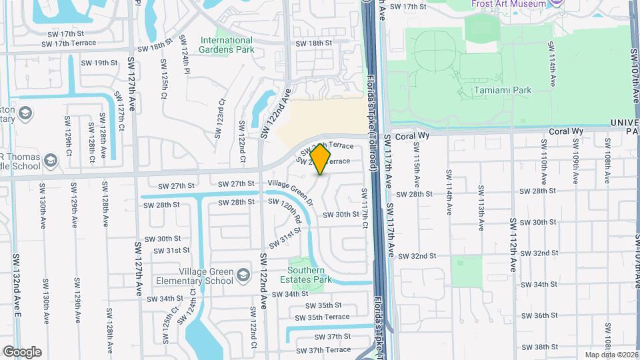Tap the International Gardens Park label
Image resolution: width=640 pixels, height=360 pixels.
pyautogui.click(x=227, y=45)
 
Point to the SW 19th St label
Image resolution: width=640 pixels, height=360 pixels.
pyautogui.click(x=99, y=63)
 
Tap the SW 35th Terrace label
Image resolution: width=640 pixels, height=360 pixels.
pyautogui.click(x=327, y=317)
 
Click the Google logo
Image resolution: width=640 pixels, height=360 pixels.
pyautogui.click(x=22, y=351)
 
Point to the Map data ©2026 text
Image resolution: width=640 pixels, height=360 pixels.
pyautogui.click(x=610, y=355)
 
